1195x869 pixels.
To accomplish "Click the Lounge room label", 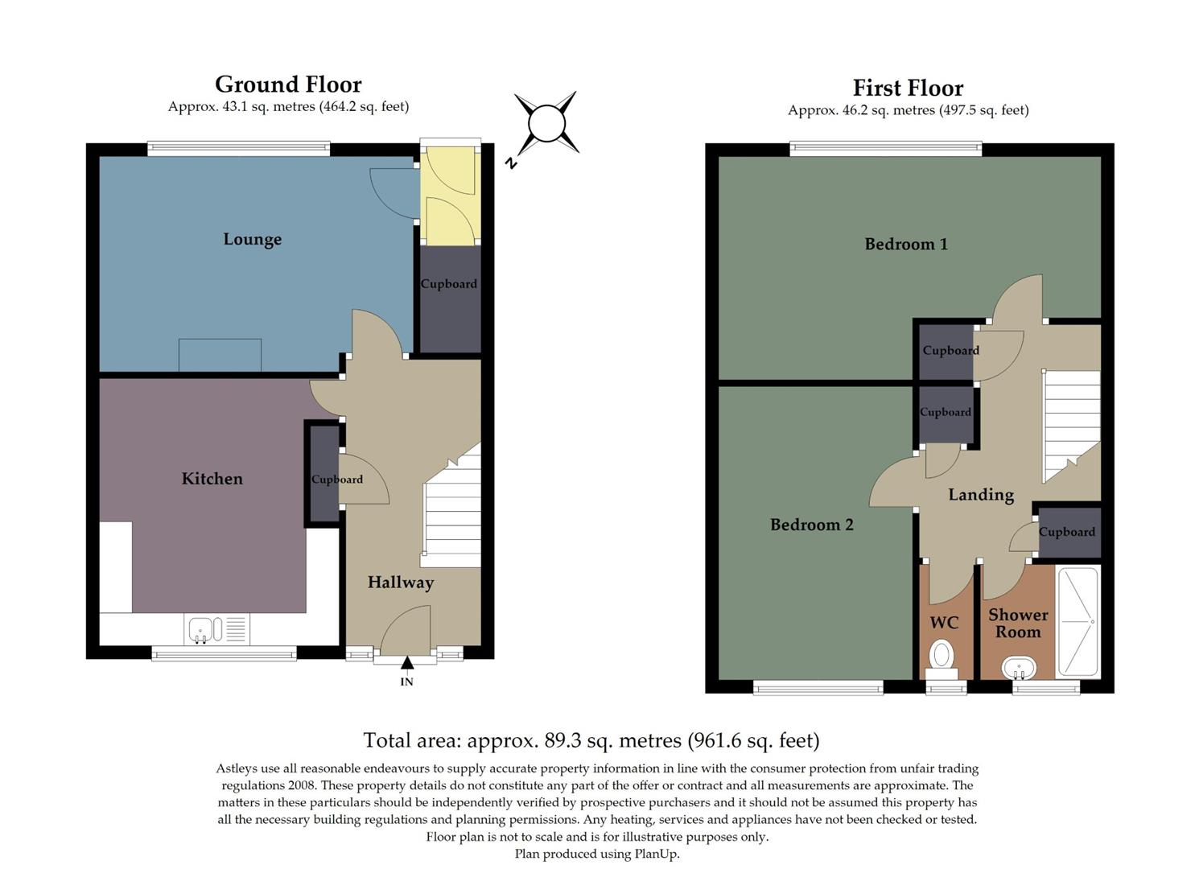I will (x=252, y=239).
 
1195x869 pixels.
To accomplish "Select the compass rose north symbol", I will (x=546, y=124).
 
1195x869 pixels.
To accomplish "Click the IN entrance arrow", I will (x=407, y=663).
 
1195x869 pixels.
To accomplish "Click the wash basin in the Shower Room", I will (x=1019, y=668).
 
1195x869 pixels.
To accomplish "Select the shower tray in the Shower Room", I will (x=1078, y=622).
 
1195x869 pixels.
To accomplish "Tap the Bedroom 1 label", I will (x=905, y=244).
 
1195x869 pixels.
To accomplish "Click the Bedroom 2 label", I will (x=811, y=525).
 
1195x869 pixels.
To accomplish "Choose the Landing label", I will (x=980, y=495).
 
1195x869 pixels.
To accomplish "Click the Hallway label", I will (x=400, y=582).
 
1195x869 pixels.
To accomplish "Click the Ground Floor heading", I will (x=288, y=84).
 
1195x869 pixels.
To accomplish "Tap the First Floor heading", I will (x=908, y=88).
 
